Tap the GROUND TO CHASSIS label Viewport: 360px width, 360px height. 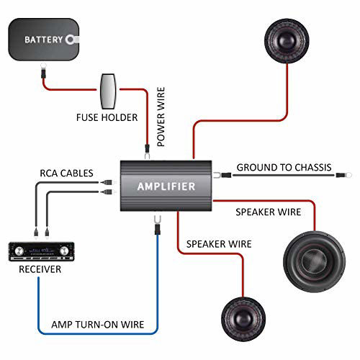click(x=284, y=168)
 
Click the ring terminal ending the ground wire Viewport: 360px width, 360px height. click(x=344, y=174)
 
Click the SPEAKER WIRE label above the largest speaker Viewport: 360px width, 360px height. click(x=268, y=212)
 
